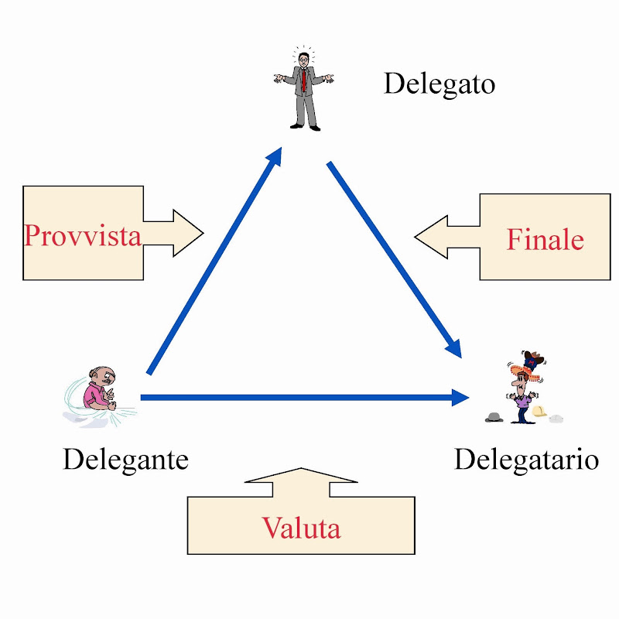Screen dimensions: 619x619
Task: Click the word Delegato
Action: point(439,83)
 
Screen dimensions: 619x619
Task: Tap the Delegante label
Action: point(125,460)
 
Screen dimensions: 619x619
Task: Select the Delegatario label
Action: point(526,460)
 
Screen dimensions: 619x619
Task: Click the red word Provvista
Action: point(83,234)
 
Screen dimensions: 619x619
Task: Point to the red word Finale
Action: point(545,239)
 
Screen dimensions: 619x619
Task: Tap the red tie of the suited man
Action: point(305,78)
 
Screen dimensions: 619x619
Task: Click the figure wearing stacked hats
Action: point(526,387)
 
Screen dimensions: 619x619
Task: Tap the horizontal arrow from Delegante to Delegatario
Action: point(302,398)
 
